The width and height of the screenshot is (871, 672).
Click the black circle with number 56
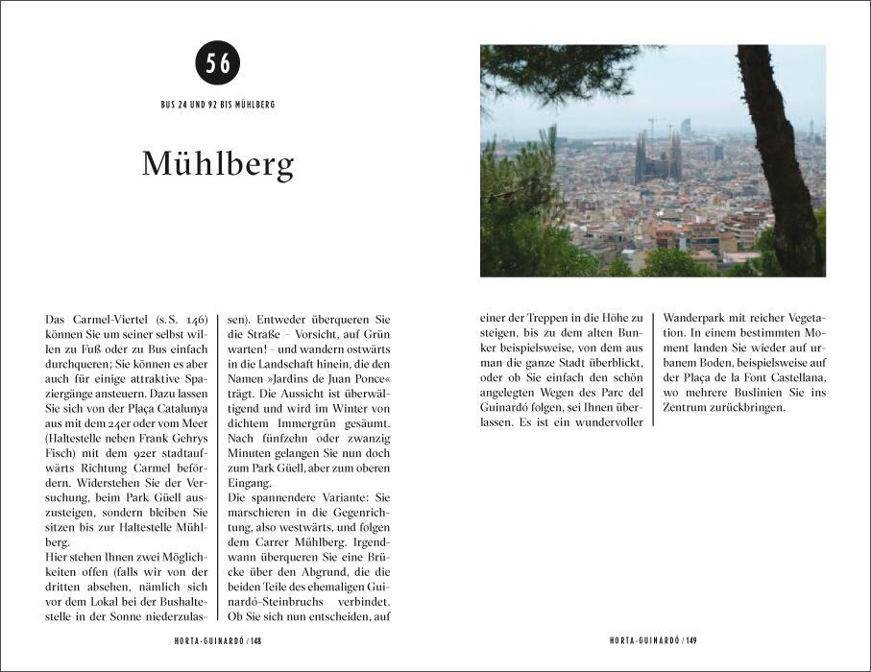coord(217,63)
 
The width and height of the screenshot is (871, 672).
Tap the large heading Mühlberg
coord(218,164)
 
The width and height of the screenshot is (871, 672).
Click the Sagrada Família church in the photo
coord(658,156)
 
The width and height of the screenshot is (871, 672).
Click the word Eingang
coord(247,483)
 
